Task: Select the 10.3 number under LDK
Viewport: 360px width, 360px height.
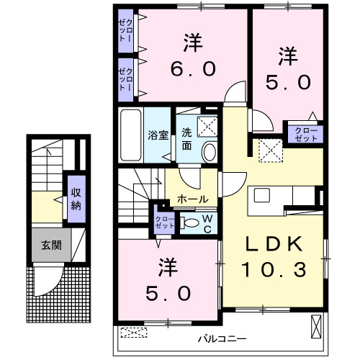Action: tap(274, 269)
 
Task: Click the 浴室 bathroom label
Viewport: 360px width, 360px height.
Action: tap(157, 134)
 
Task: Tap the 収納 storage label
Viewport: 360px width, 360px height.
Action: tap(76, 197)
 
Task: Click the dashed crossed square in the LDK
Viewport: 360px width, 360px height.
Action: tap(271, 149)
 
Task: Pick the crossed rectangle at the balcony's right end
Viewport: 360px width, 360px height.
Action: tap(317, 327)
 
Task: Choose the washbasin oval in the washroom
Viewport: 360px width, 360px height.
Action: tap(209, 152)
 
